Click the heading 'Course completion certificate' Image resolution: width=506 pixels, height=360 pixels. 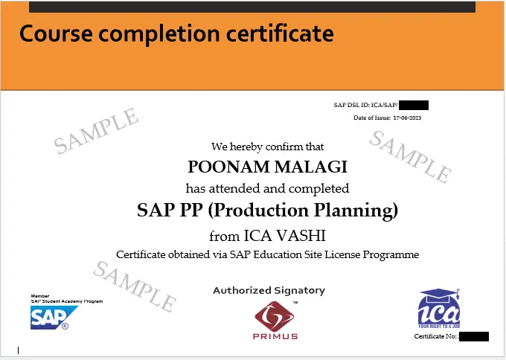176,33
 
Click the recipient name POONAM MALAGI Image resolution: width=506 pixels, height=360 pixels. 266,166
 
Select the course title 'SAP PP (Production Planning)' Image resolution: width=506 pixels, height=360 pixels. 267,210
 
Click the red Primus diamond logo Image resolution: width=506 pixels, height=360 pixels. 275,315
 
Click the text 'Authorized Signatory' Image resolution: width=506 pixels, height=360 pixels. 269,290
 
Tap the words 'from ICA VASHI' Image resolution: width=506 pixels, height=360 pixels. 267,237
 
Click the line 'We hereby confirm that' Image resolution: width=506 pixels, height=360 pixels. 267,147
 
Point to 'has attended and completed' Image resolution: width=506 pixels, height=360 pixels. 267,188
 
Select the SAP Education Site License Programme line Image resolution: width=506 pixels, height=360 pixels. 267,255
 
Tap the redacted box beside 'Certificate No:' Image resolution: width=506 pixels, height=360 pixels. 473,337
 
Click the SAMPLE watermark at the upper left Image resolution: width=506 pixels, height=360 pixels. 96,131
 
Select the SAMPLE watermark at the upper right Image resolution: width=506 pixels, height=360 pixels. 410,157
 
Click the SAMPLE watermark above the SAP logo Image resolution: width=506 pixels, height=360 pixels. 135,286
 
